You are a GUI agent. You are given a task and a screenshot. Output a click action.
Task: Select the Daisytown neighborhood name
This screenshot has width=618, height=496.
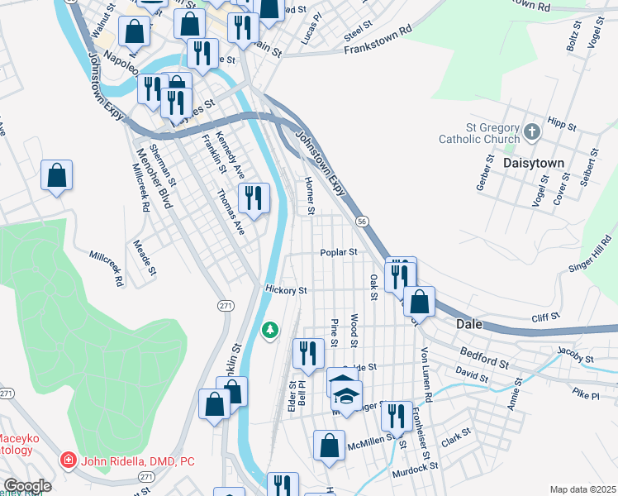point(534,164)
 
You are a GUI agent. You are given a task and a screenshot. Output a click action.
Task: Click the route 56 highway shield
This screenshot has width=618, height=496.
point(362,222)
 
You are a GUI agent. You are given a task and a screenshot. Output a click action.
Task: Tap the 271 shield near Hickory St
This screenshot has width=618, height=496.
point(226,306)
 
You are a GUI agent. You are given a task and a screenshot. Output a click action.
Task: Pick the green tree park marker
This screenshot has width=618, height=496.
point(269,331)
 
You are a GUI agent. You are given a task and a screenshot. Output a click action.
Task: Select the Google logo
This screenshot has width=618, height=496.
point(27,486)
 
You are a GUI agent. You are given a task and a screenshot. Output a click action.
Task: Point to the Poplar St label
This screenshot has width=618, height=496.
point(339,253)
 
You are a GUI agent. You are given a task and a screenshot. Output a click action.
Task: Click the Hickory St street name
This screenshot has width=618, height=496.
point(286,291)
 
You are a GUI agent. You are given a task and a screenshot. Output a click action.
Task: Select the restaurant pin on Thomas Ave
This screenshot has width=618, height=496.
point(254,198)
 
